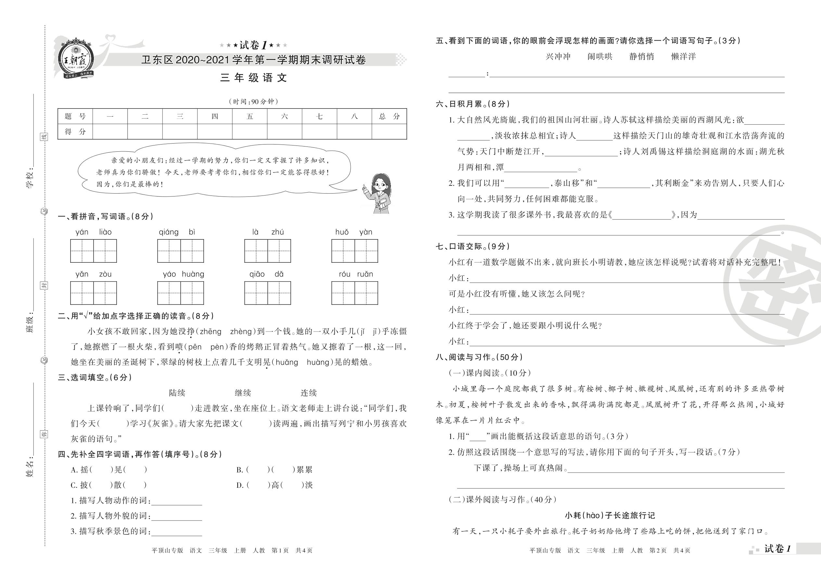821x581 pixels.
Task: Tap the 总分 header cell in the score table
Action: tap(389, 116)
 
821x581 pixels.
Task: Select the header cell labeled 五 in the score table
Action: tap(250, 116)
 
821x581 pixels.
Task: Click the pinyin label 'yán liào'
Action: tap(94, 232)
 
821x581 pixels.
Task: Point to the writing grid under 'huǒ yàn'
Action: tap(354, 251)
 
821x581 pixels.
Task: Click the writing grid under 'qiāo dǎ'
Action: tap(267, 293)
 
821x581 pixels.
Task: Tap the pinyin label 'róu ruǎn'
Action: tap(355, 274)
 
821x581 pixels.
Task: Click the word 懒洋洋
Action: tap(683, 57)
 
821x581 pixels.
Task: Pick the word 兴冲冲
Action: tap(558, 57)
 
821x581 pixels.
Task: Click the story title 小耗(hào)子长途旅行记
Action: tap(609, 515)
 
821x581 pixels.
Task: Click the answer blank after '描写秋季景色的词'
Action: tap(177, 532)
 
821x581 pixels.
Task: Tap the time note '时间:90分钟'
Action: tap(253, 102)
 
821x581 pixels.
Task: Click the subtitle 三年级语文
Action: tap(253, 78)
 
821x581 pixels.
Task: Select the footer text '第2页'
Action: tap(658, 550)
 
